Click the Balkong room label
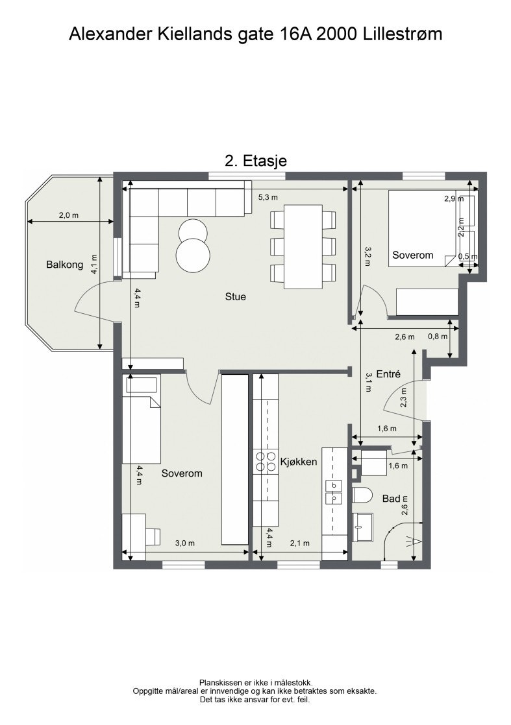65,265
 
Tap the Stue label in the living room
236,296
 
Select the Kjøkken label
299,462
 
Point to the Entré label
388,374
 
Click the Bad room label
391,499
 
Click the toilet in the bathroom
362,496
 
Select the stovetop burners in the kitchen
265,461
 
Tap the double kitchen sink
334,492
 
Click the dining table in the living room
303,246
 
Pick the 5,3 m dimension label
268,197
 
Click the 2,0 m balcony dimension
69,215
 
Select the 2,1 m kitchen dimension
299,543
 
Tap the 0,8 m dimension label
438,336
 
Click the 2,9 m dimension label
454,199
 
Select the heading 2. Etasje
256,160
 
